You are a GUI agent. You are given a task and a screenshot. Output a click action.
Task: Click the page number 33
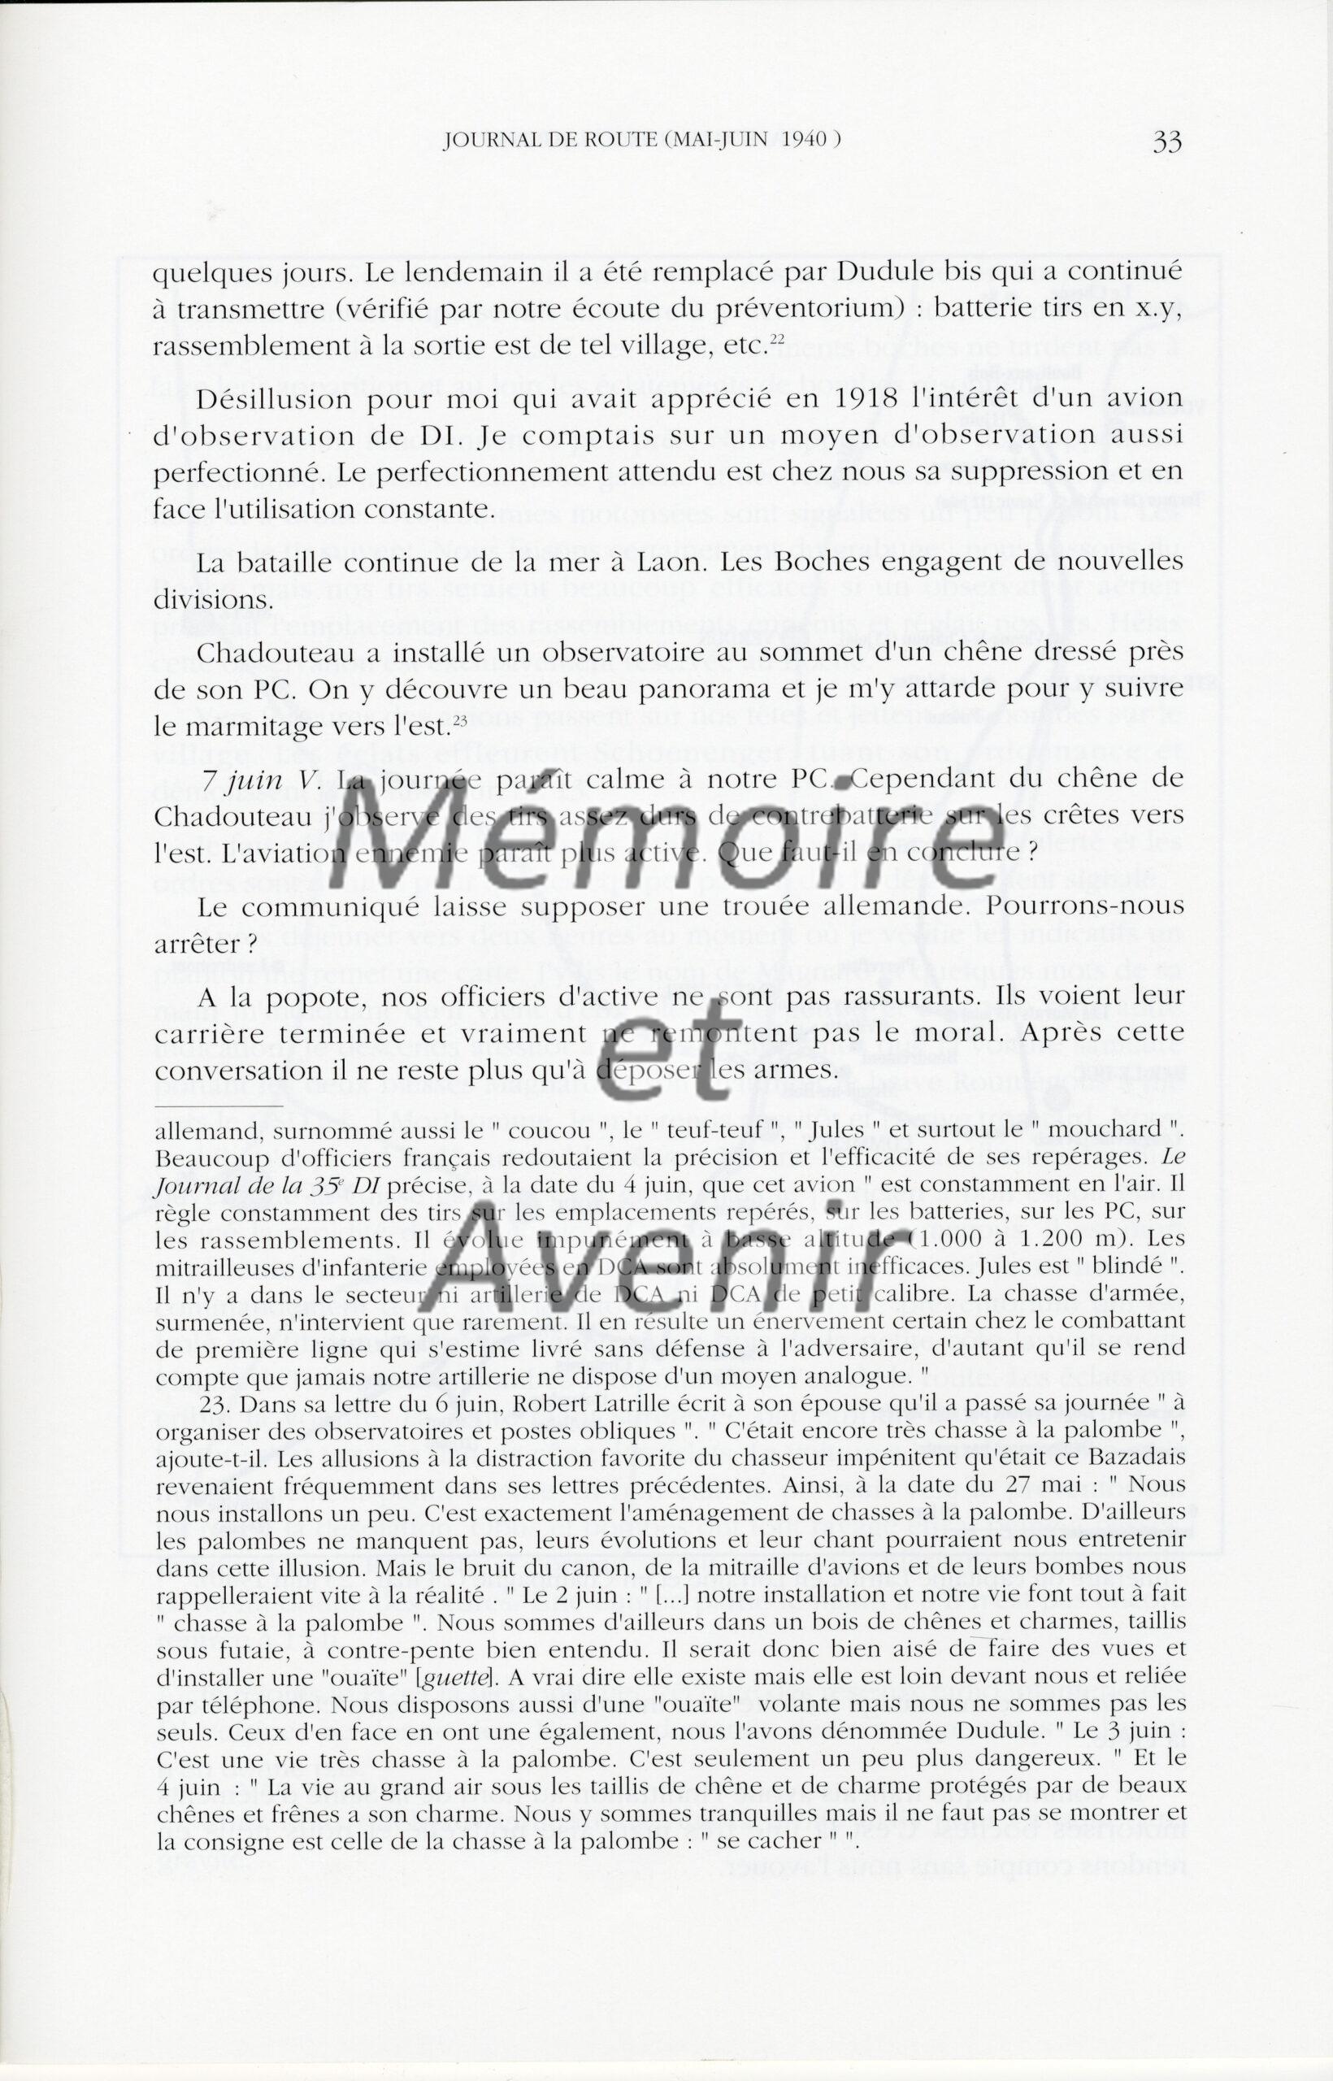pos(1167,142)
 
